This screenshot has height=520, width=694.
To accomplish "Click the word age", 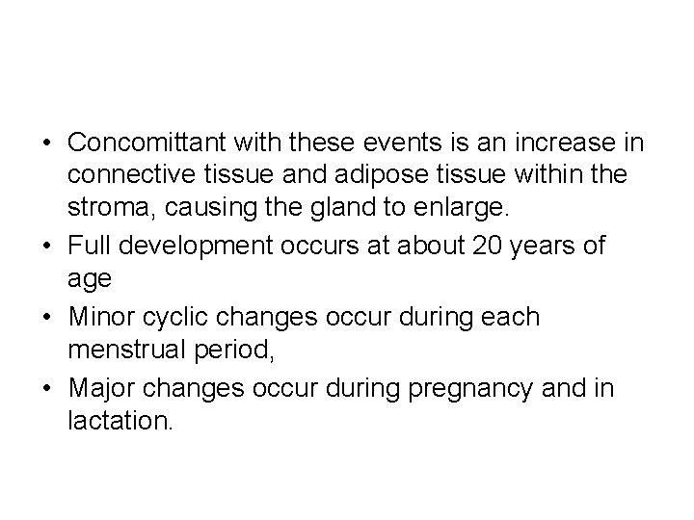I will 89,279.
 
